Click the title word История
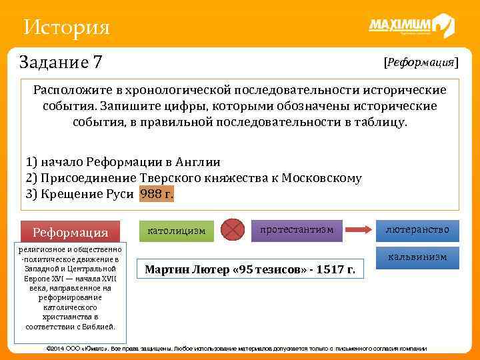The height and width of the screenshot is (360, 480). click(66, 27)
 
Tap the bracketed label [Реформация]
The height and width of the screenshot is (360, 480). click(421, 62)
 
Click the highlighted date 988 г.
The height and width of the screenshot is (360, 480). click(157, 194)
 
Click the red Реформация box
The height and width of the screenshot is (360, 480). click(71, 232)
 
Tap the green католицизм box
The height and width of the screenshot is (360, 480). click(177, 231)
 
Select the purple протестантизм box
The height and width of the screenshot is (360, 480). click(297, 229)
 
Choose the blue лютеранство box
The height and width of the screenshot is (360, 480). click(417, 230)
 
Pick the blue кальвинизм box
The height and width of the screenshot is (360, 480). click(417, 257)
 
